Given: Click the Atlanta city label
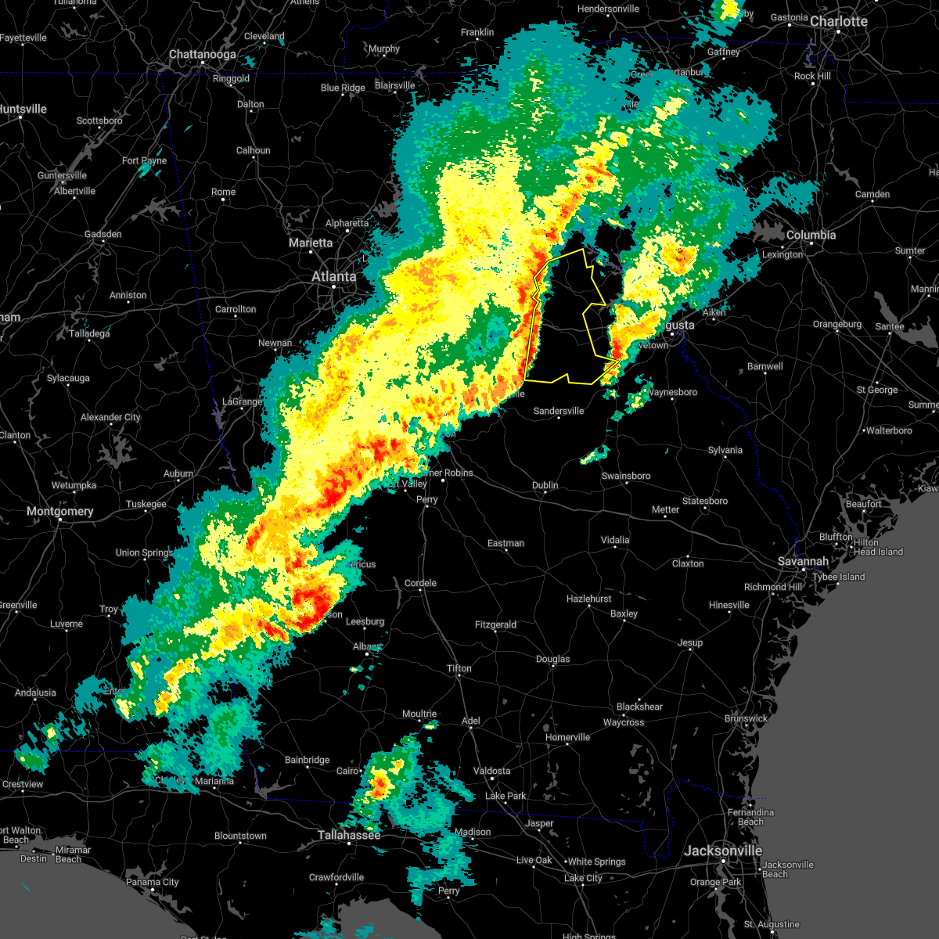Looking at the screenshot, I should (x=333, y=276).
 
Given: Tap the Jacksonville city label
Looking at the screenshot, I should (x=722, y=851).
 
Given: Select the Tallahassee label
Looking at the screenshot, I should (x=349, y=835).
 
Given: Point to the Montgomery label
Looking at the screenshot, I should (x=59, y=511).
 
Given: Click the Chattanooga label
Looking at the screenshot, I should (x=203, y=55).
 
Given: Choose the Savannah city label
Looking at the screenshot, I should (x=803, y=561).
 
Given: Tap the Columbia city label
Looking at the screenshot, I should (x=811, y=235).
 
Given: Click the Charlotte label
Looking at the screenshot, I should (x=839, y=21).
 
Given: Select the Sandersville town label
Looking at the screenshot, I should (x=559, y=411).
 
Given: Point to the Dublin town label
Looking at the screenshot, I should (x=545, y=485).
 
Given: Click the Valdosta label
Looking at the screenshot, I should (x=491, y=771).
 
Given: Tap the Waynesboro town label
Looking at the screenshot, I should (x=672, y=392).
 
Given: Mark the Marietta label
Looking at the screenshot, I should (x=311, y=243).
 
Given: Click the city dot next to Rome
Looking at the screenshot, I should (x=223, y=200).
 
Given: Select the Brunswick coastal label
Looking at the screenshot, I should (x=746, y=718).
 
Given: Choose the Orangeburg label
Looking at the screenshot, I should (x=837, y=324).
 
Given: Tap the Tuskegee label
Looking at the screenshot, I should (x=146, y=504).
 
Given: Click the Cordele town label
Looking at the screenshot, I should (x=420, y=583).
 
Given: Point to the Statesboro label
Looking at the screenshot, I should (x=704, y=501).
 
